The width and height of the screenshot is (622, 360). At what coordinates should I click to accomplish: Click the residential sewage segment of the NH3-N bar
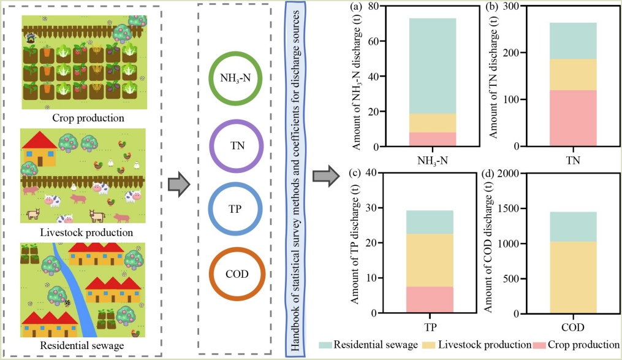click(433, 66)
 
